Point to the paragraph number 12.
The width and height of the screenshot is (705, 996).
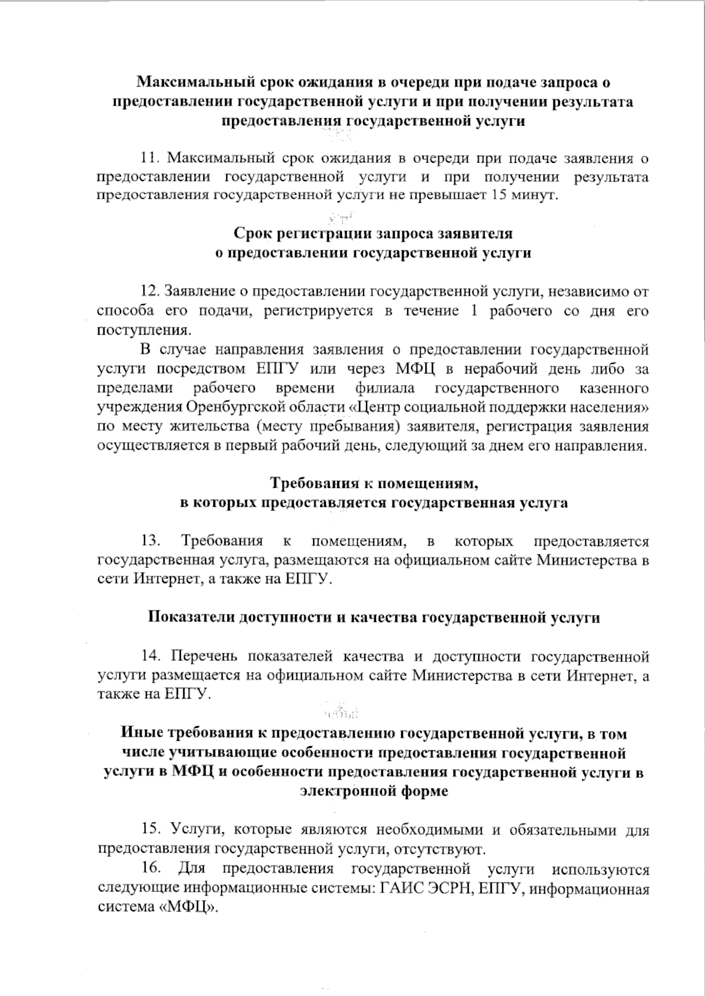tap(150, 292)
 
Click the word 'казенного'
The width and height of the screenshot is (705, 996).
tap(614, 388)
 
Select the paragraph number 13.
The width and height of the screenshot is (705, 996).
tap(150, 541)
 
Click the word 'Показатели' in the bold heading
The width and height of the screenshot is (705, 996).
tap(189, 618)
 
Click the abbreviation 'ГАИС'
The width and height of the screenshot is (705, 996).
tap(399, 887)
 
